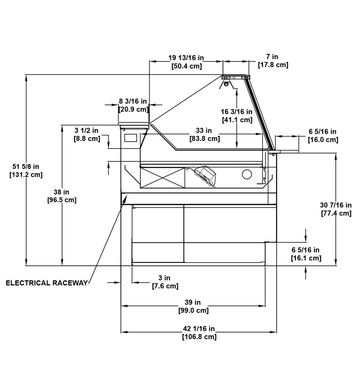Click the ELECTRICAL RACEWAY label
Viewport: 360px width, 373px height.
click(x=47, y=283)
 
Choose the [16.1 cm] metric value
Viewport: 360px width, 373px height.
click(x=306, y=258)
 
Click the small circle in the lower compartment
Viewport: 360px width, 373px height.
click(x=247, y=174)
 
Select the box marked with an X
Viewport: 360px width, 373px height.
click(x=162, y=178)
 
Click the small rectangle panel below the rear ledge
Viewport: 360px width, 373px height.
click(x=131, y=138)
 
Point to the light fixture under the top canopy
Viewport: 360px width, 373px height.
click(x=227, y=84)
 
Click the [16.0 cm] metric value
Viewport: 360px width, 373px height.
click(x=323, y=140)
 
